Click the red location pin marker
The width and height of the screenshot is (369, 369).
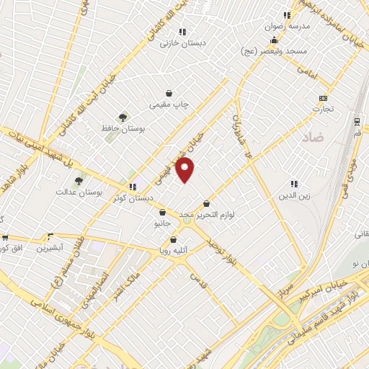coord(185,170)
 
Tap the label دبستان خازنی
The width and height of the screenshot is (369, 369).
coord(183,43)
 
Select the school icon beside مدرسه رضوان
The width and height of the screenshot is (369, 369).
coord(287,14)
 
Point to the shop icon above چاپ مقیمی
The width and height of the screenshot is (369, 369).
coord(169,93)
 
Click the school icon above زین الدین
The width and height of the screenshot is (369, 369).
coord(294,184)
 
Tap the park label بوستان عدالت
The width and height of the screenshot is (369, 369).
coord(79,192)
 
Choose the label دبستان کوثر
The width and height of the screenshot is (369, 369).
coord(131,197)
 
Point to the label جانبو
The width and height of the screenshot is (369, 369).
coord(162,224)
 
